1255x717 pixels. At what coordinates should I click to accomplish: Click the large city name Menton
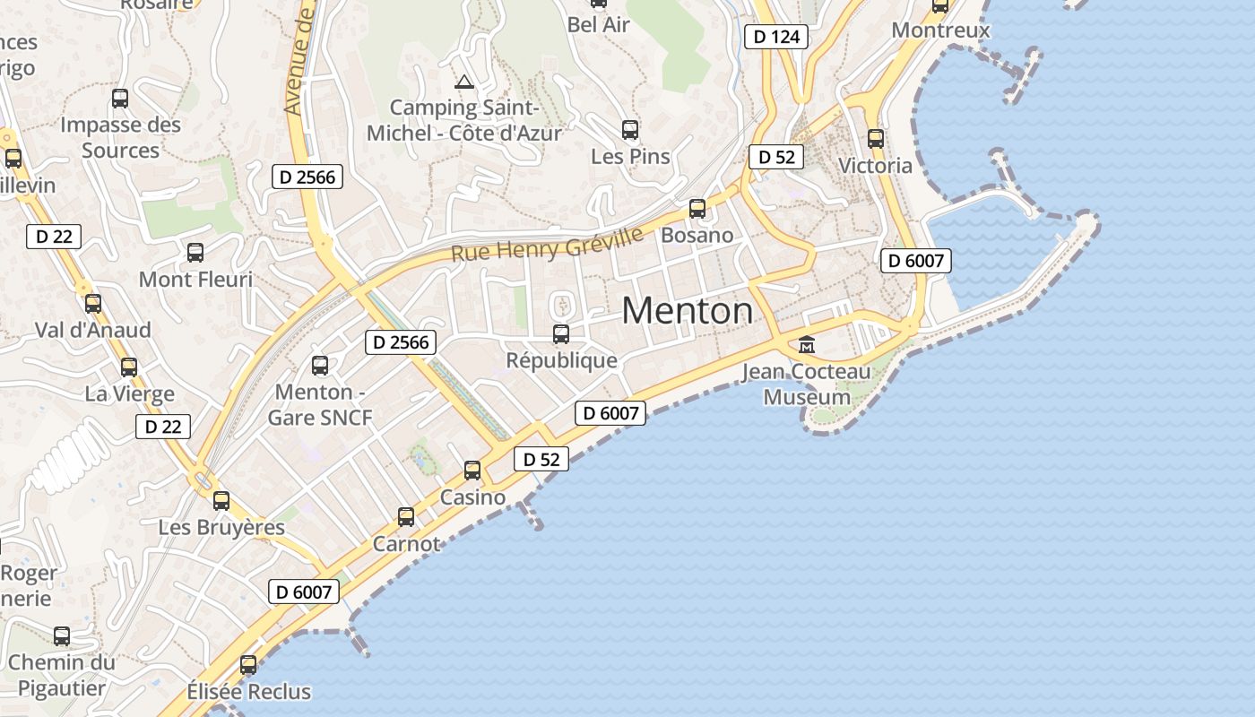(x=688, y=311)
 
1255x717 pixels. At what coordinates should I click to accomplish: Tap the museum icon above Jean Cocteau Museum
(x=807, y=344)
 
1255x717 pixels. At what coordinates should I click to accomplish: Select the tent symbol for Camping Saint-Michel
(x=463, y=82)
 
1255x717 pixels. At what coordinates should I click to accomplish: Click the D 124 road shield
(x=776, y=37)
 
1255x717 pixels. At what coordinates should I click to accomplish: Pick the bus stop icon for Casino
(x=472, y=471)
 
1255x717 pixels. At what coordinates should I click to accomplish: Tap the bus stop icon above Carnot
(x=406, y=517)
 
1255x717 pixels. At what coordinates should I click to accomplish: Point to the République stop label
(x=562, y=360)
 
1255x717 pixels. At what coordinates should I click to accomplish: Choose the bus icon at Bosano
(x=697, y=209)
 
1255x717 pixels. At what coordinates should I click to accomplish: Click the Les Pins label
(x=630, y=157)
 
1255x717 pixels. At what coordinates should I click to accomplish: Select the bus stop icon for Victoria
(x=876, y=139)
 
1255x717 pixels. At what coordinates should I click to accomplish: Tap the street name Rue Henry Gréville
(x=547, y=243)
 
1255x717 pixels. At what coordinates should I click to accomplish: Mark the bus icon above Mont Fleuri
(x=195, y=253)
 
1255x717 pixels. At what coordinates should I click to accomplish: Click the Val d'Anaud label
(x=93, y=330)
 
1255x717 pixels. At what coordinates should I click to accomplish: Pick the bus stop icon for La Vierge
(x=129, y=367)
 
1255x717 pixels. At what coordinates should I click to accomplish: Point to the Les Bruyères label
(x=221, y=527)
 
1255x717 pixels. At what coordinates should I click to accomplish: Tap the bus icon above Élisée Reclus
(x=248, y=665)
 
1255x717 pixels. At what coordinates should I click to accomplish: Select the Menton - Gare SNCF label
(x=320, y=404)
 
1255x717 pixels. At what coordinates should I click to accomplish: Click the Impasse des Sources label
(x=120, y=137)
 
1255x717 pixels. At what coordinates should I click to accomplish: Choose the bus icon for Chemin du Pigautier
(x=62, y=636)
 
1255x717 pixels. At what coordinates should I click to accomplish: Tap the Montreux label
(x=940, y=30)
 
